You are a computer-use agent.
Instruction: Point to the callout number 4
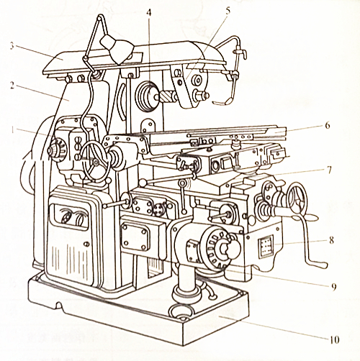(149, 13)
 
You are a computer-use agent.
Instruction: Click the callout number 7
(327, 170)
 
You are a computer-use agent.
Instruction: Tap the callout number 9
(332, 286)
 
